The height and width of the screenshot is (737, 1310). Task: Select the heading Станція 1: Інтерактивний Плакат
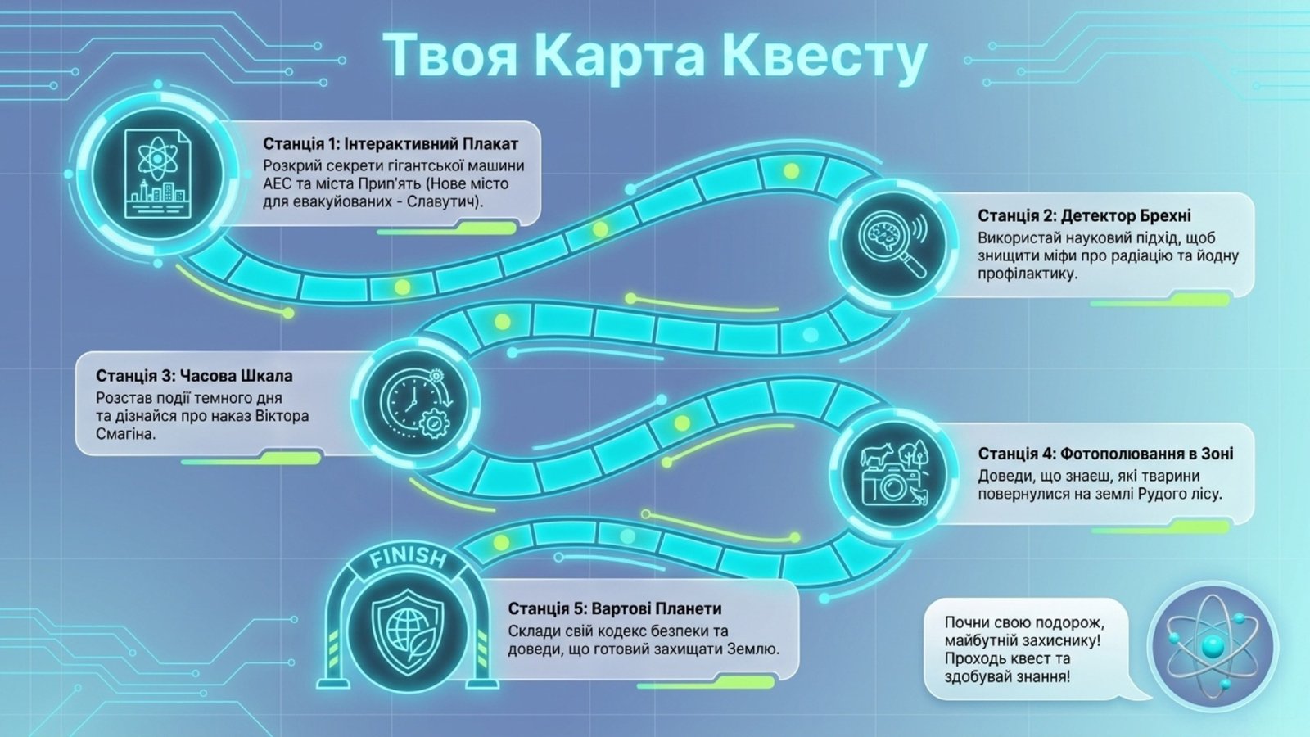(390, 144)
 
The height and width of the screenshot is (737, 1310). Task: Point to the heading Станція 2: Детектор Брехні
(1084, 215)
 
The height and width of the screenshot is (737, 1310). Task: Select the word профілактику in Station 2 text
(1027, 274)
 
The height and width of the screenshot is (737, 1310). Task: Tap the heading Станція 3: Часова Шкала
(194, 376)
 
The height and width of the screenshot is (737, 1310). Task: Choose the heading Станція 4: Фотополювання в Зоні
(1105, 454)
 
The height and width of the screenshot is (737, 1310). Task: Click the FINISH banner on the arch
(408, 559)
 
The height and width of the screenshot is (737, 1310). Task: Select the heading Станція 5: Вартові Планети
(614, 609)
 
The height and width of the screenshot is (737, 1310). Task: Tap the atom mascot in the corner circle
(1212, 644)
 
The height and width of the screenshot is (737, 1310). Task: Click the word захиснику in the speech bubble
(1057, 640)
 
